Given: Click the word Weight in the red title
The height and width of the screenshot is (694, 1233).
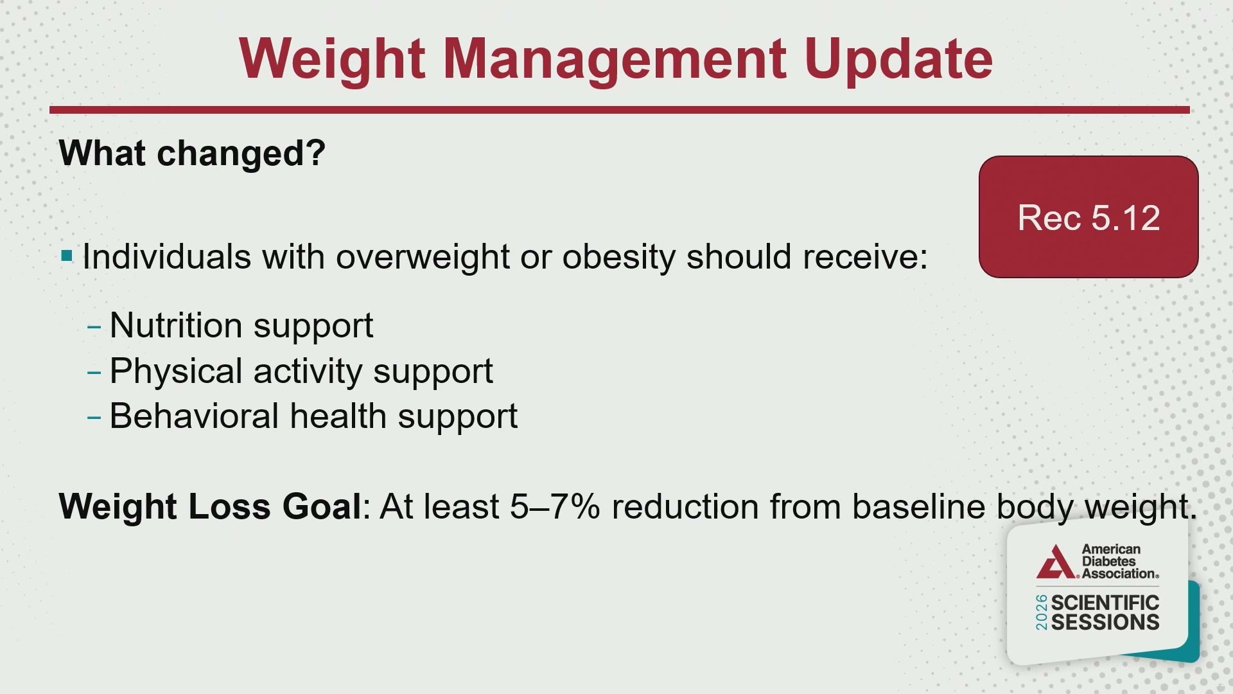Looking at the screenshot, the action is [x=332, y=59].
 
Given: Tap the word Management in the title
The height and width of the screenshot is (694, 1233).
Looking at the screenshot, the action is [x=614, y=59].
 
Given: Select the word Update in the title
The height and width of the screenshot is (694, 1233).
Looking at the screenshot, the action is [x=898, y=59].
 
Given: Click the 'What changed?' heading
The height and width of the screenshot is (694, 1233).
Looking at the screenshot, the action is [x=192, y=153].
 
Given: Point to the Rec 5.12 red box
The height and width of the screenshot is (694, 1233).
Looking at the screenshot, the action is [x=1089, y=217].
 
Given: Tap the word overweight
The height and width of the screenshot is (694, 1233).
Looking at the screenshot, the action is [x=423, y=257].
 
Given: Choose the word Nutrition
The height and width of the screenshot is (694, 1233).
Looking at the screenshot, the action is [x=176, y=325].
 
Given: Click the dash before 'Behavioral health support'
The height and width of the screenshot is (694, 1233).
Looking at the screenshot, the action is [x=94, y=418].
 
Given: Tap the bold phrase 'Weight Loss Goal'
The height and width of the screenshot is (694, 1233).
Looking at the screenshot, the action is [x=210, y=506].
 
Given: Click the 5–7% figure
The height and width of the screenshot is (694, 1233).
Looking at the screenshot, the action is [x=555, y=506].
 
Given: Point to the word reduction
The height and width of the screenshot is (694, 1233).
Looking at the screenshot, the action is [x=685, y=506].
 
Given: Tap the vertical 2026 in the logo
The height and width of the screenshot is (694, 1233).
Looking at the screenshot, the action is [x=1041, y=612].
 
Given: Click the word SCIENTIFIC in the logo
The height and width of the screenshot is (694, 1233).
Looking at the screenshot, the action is [x=1105, y=603].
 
